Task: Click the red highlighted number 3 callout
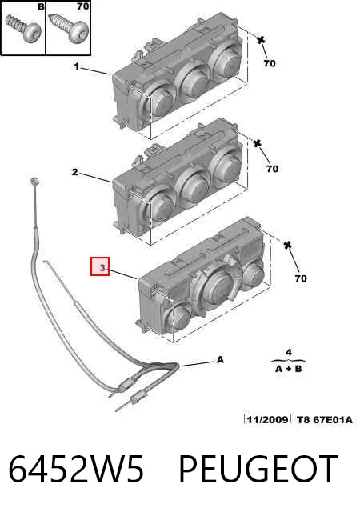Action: click(x=100, y=266)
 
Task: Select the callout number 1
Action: click(x=77, y=67)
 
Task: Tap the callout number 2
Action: click(x=75, y=172)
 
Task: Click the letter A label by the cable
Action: click(x=221, y=360)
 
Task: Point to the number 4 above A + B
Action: click(x=289, y=352)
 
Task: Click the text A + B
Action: click(x=289, y=369)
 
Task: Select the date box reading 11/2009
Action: click(x=267, y=419)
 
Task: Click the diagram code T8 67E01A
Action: click(x=325, y=419)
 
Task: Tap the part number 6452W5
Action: click(x=76, y=468)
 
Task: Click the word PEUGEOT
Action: click(x=258, y=468)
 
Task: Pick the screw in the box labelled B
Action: click(x=23, y=27)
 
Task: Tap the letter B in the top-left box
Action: click(x=41, y=6)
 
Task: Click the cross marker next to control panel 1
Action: click(x=261, y=40)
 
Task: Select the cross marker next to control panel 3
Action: click(x=287, y=245)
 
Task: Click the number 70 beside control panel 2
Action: click(x=272, y=169)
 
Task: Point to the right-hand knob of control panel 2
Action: click(x=226, y=167)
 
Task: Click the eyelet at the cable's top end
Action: click(x=34, y=182)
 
